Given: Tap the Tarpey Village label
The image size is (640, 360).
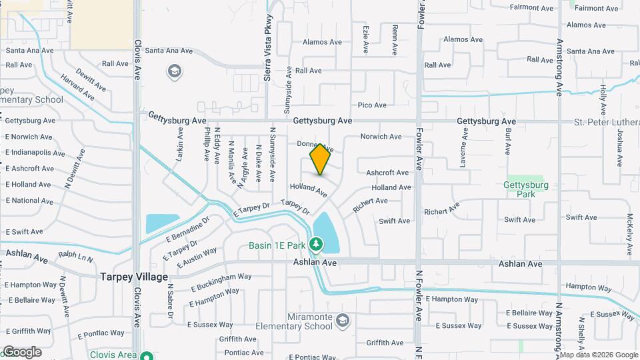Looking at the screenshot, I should point(134,276).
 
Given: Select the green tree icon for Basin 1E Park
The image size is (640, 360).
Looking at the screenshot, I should point(315,245).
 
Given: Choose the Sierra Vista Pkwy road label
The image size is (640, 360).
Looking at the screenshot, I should point(268,47).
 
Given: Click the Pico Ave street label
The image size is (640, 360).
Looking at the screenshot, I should point(372,105).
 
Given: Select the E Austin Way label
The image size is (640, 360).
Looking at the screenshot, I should point(197,258).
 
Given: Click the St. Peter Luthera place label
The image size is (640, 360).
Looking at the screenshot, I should point(607,122).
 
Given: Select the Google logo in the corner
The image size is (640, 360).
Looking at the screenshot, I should point(22,352).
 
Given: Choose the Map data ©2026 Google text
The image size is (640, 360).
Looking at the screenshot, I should point(599,355).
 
